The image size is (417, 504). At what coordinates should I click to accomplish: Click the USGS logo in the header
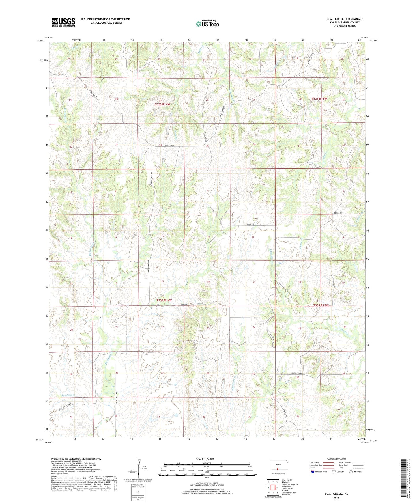point(63,22)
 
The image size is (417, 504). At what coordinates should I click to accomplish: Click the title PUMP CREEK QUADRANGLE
point(345,19)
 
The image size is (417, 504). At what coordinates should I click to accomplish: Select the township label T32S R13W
point(319,99)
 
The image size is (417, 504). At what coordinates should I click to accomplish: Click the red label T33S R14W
point(164,300)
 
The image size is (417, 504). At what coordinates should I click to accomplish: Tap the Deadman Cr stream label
point(68,395)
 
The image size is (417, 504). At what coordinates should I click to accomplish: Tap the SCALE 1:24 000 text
point(205,459)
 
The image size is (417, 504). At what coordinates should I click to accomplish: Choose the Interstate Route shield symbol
point(313,472)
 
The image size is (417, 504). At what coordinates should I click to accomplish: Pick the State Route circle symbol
point(351,472)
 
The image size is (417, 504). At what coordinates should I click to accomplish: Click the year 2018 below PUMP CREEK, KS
point(336,498)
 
